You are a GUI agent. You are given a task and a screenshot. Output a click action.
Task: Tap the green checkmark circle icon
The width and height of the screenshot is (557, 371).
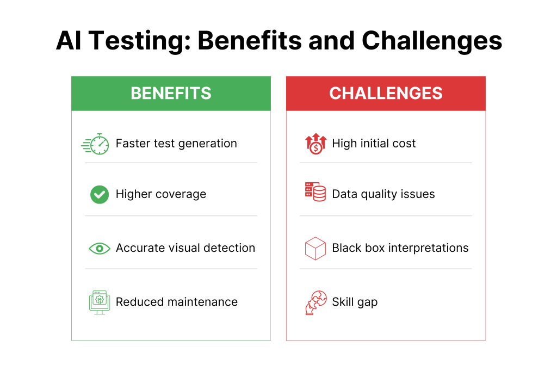(x=100, y=194)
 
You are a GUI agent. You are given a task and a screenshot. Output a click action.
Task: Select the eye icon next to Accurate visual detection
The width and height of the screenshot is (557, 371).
(x=100, y=249)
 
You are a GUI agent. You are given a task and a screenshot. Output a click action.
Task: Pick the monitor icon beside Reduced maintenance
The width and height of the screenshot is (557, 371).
(x=100, y=302)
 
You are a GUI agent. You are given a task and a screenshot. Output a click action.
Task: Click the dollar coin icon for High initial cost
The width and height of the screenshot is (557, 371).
(x=316, y=144)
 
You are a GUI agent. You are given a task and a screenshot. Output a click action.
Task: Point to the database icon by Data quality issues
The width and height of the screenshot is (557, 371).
(x=315, y=192)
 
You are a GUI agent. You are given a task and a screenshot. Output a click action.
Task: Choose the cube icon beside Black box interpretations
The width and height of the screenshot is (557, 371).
(x=315, y=249)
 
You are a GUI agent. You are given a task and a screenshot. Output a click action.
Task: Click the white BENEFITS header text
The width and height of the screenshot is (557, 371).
(x=171, y=94)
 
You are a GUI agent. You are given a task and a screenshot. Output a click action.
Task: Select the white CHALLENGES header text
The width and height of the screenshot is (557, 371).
(x=386, y=94)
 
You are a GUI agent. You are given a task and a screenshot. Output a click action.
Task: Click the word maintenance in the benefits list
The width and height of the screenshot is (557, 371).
(x=202, y=302)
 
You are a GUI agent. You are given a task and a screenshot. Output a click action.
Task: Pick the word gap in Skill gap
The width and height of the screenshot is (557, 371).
(x=367, y=303)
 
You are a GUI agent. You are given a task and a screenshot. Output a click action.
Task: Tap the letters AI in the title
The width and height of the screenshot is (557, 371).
(x=69, y=40)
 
